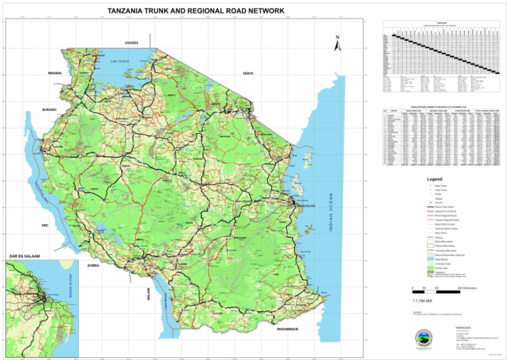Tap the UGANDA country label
point(131,43)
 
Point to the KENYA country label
point(249,74)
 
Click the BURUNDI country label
point(49,109)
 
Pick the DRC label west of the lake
point(45,225)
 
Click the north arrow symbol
point(337,44)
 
